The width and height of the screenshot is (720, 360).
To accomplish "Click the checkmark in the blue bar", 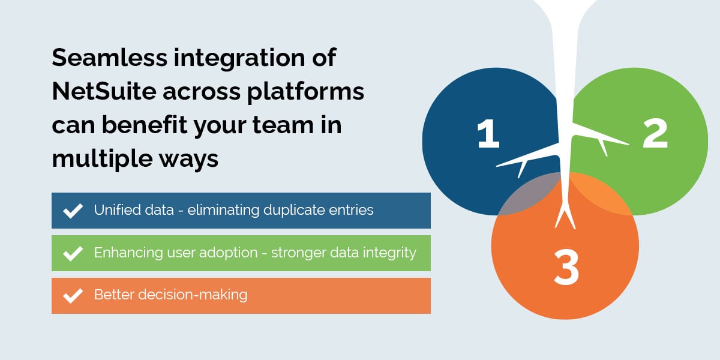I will tap(73, 211).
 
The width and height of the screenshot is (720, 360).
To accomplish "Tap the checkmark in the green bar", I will tap(73, 253).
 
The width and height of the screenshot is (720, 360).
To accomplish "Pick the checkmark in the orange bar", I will tap(73, 296).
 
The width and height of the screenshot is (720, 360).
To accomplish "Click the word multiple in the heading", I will tap(95, 159).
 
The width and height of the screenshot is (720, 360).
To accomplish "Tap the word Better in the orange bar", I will tap(112, 295).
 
